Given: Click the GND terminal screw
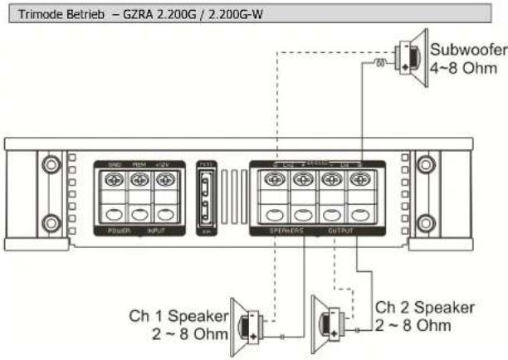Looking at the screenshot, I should pos(112,178).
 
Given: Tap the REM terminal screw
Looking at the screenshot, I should pos(139,178).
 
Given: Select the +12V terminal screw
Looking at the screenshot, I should pos(165,178).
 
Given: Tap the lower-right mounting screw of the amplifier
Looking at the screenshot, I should pos(426,221).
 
